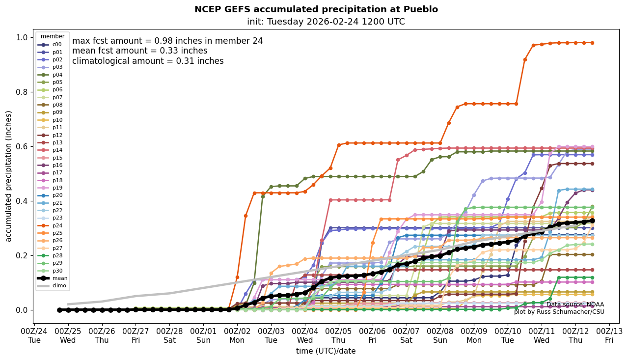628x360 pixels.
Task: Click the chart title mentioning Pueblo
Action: click(316, 9)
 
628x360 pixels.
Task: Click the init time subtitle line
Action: click(326, 22)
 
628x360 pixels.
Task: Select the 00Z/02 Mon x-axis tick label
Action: click(237, 335)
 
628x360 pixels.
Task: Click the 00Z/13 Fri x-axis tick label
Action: click(609, 335)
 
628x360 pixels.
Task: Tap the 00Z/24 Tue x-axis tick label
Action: click(34, 335)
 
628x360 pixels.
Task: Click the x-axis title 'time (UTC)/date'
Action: click(326, 351)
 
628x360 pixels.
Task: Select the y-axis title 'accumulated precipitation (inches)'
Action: click(8, 176)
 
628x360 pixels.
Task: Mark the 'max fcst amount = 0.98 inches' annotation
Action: click(167, 41)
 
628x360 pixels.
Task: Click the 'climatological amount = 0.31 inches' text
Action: click(148, 61)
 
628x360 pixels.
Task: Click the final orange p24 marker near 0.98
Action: click(592, 43)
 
